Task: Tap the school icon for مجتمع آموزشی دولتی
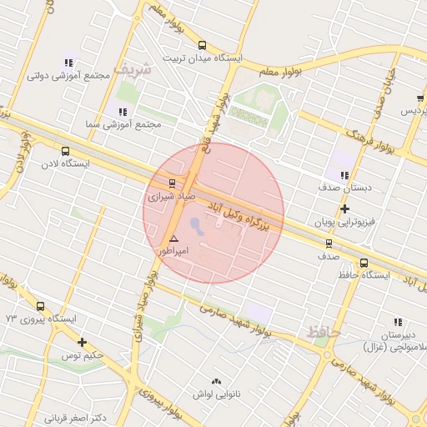68,63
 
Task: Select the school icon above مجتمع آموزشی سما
123,111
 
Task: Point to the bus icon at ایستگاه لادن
65,151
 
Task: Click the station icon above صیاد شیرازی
173,183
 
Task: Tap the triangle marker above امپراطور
173,239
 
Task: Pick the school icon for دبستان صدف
344,175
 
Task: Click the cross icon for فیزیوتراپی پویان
344,208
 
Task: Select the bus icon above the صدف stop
328,244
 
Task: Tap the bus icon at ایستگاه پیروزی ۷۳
40,306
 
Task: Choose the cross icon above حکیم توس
82,342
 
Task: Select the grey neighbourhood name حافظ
324,332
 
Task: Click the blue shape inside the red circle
196,225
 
